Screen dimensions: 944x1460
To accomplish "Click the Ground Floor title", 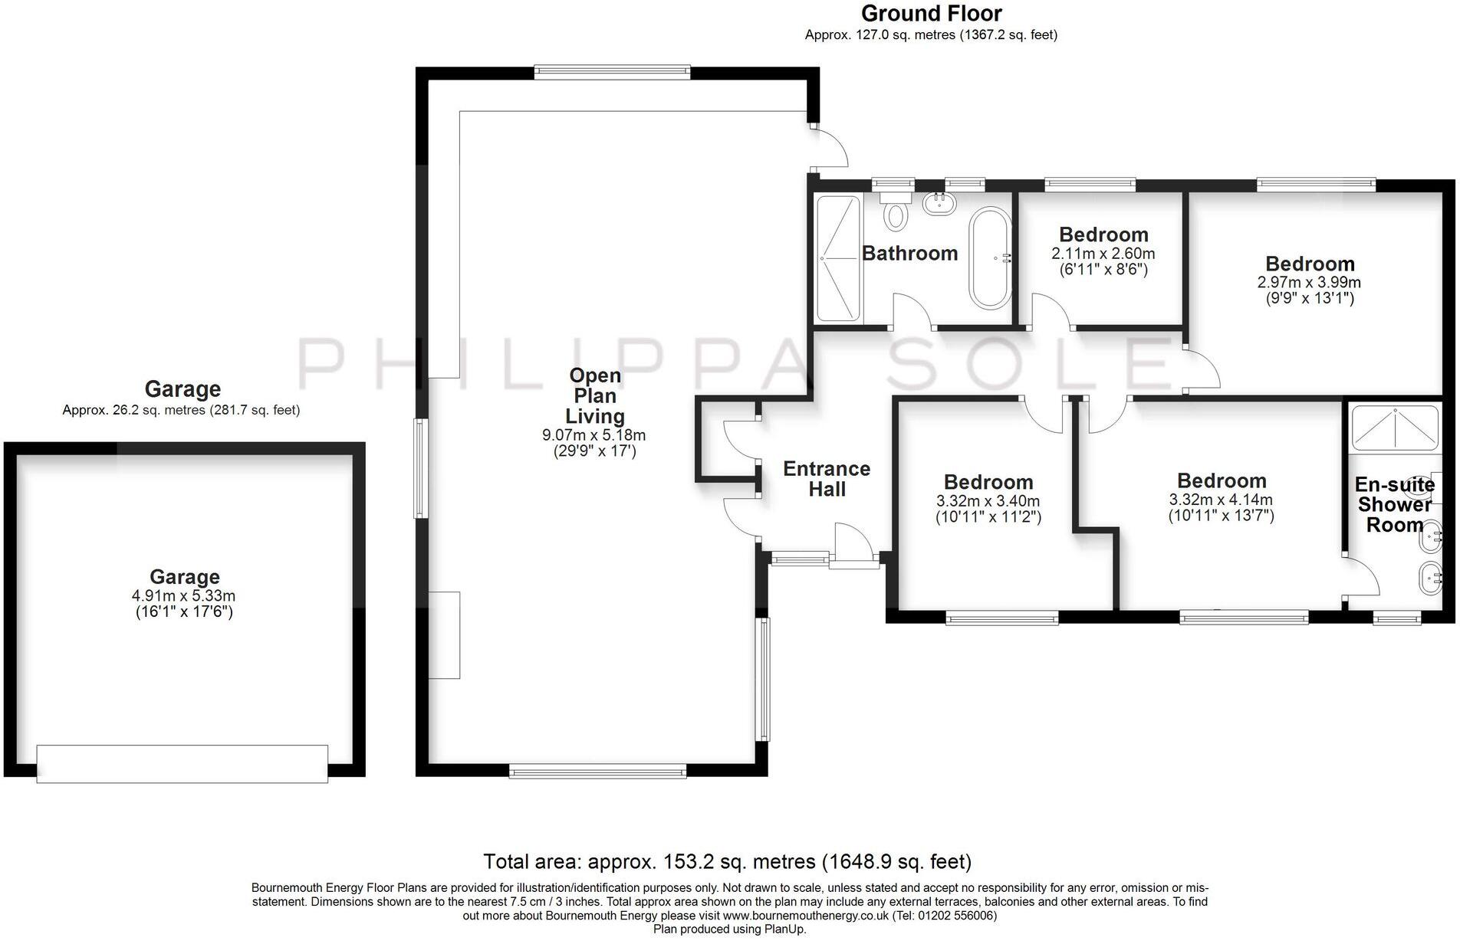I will [931, 14].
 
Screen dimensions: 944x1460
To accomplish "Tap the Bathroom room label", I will [909, 254].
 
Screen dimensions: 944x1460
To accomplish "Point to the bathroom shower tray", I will [837, 258].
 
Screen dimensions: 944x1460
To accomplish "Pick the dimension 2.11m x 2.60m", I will [1103, 254].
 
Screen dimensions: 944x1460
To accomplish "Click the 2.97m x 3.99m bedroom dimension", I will [1309, 282].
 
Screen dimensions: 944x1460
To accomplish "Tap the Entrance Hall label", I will [826, 479].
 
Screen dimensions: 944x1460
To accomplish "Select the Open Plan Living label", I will [595, 395].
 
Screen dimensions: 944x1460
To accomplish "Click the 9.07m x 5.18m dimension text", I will [594, 435].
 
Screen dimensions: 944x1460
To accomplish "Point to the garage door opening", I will [182, 763].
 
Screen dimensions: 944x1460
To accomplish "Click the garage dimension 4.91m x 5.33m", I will [183, 595].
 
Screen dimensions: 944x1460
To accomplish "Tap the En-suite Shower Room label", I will [1394, 505].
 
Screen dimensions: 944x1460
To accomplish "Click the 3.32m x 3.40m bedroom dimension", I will [988, 501].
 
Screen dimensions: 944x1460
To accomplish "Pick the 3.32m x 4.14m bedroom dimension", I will [1221, 500].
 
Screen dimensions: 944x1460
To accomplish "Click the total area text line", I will [727, 862].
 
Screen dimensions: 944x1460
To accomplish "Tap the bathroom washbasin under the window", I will [939, 204].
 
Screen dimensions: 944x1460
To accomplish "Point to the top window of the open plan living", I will [612, 73].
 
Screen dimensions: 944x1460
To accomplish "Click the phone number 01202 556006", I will [956, 916].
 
